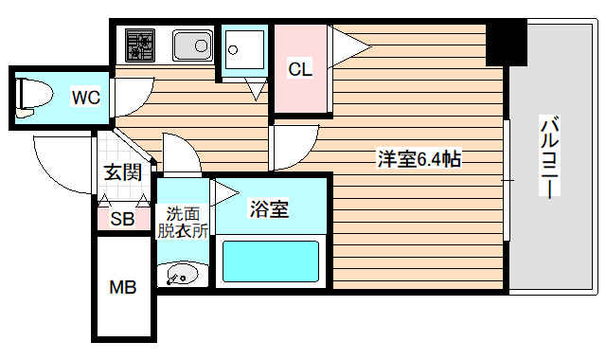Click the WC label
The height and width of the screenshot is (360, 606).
[85, 96]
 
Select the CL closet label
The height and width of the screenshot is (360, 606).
[300, 69]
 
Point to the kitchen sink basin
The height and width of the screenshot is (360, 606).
[192, 44]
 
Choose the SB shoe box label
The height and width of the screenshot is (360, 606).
[122, 219]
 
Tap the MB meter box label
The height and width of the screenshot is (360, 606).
[123, 287]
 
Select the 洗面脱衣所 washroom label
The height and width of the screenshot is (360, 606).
[183, 221]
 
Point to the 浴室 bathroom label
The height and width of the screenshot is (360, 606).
[269, 208]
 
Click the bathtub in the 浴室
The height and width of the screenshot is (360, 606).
[270, 261]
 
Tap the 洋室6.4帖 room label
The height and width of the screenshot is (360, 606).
[419, 159]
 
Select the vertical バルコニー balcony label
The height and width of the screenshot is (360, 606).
[548, 157]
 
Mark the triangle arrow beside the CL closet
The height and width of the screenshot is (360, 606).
[348, 42]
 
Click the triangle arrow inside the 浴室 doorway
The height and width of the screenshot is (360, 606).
[224, 193]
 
